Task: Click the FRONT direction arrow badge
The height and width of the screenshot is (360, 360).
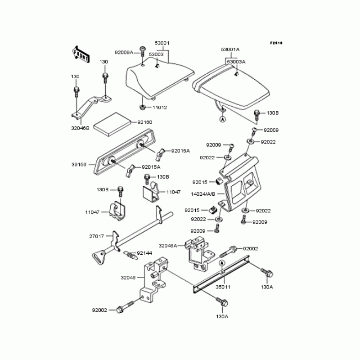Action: click(80, 53)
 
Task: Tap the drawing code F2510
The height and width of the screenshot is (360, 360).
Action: click(276, 43)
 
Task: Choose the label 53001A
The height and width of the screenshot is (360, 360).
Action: click(230, 49)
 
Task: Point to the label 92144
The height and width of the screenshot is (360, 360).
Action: click(144, 253)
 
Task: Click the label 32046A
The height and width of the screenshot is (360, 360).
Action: click(168, 246)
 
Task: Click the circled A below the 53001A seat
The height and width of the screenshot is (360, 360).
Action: click(222, 119)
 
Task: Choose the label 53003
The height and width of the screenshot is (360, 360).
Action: click(156, 54)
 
